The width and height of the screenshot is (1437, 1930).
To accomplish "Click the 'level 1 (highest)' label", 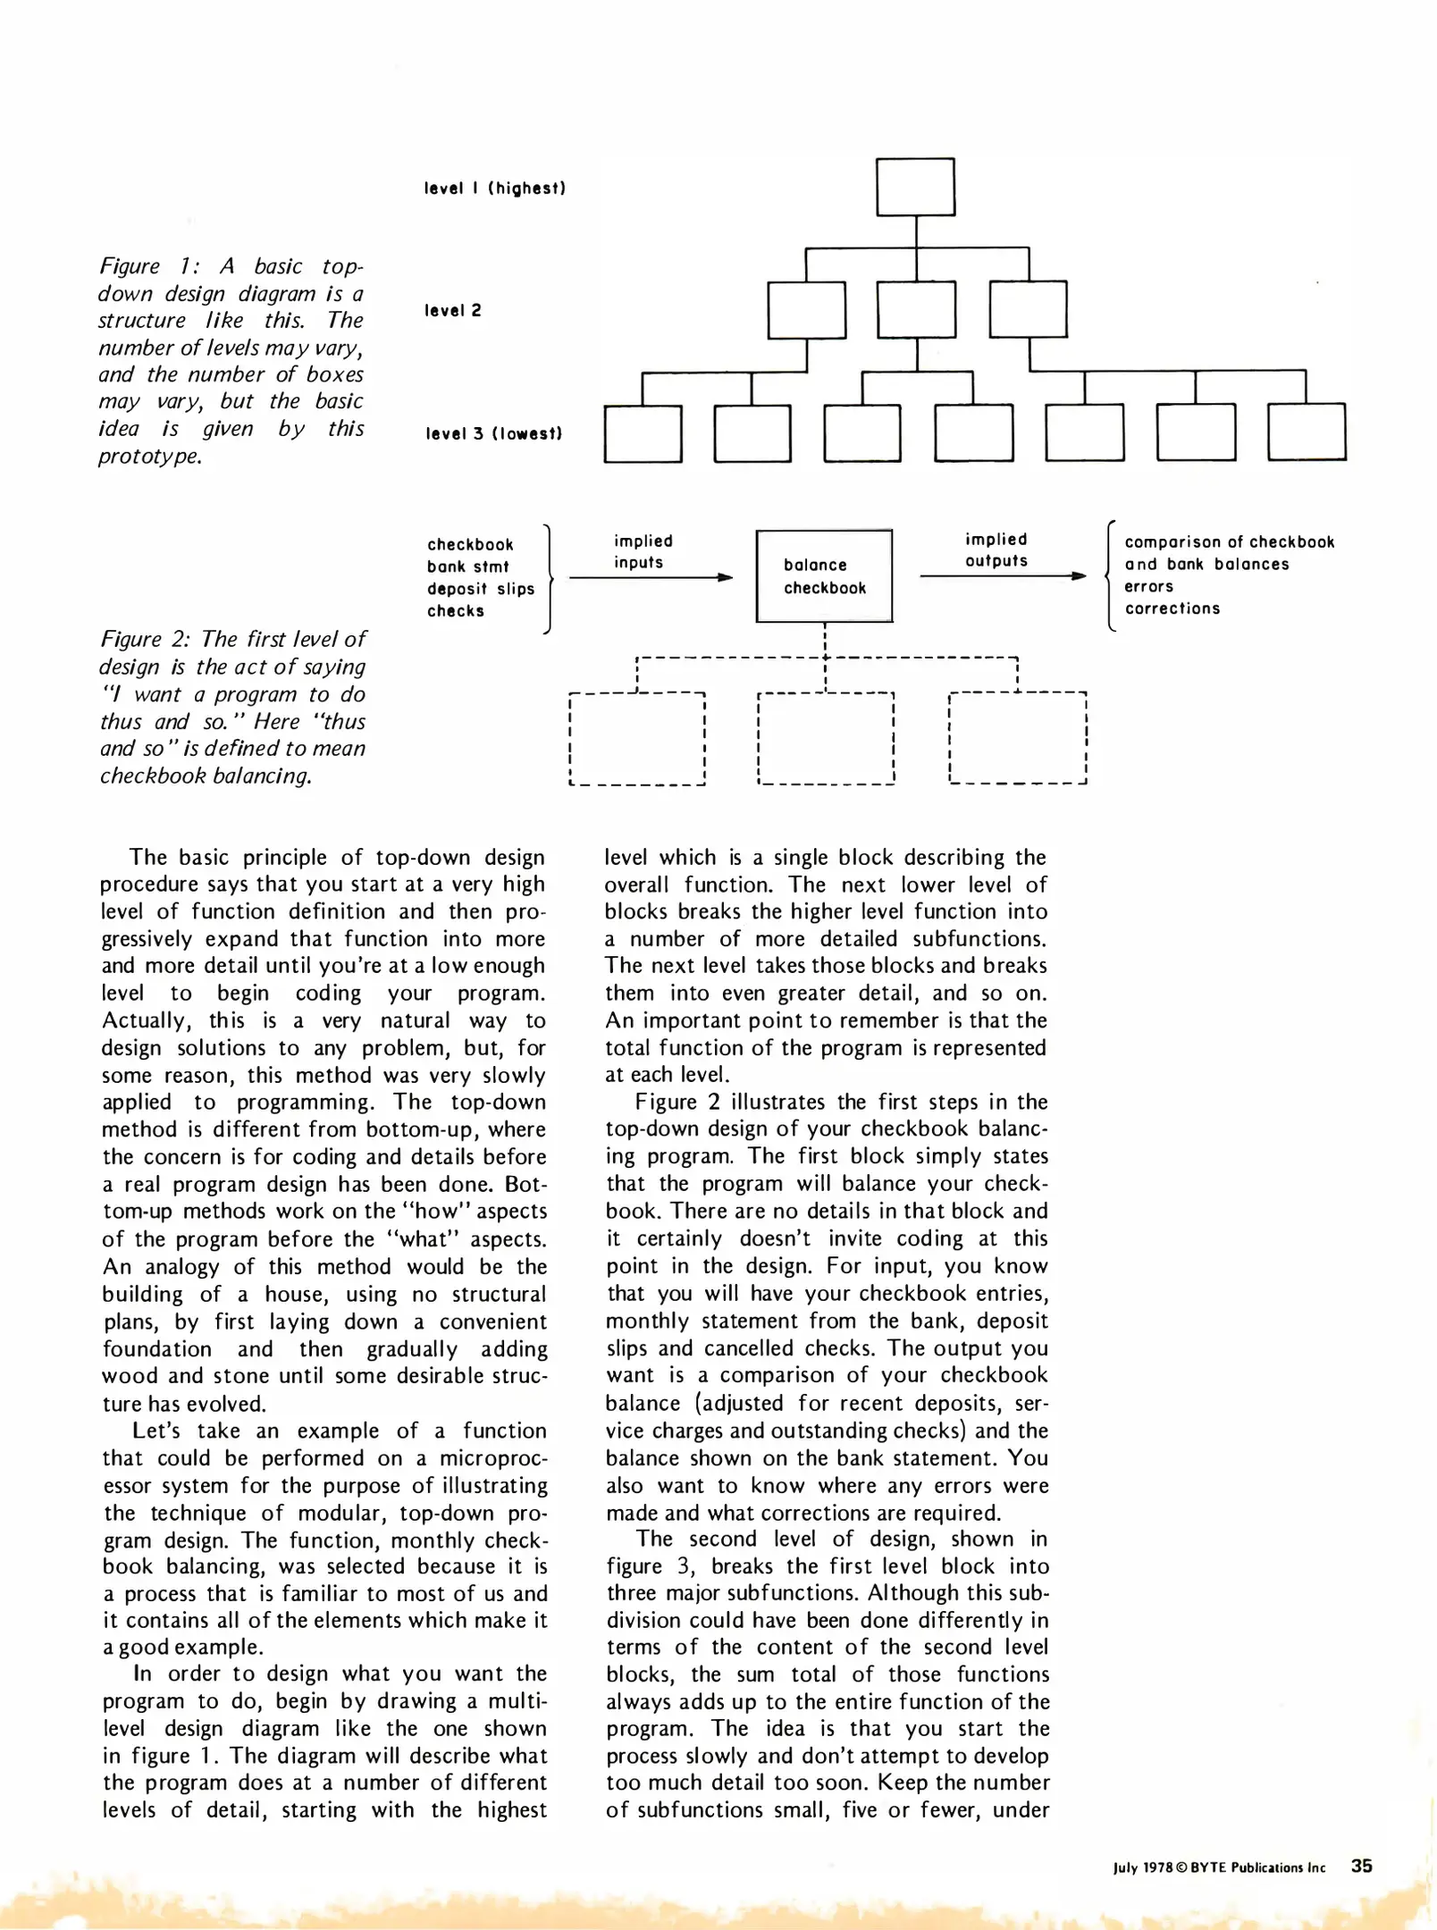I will [x=494, y=189].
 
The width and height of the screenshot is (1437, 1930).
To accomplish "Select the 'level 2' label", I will [x=452, y=311].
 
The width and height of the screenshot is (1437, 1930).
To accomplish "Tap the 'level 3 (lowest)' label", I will [x=493, y=434].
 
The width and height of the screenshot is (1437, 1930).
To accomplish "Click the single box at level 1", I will [x=915, y=187].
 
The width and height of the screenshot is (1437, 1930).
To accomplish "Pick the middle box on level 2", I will [x=916, y=309].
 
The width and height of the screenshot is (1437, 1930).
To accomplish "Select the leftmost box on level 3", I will [x=643, y=433].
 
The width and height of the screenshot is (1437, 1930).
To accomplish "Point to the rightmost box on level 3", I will [x=1307, y=432].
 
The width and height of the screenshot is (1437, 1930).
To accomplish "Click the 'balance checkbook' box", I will [x=824, y=576].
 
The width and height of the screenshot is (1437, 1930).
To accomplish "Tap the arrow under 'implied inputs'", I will [x=651, y=578].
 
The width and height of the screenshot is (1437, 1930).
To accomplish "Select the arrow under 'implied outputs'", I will [x=1003, y=576].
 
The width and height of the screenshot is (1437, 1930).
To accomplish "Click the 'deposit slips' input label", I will [x=480, y=589].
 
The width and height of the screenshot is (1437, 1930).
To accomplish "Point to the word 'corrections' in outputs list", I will [x=1172, y=608].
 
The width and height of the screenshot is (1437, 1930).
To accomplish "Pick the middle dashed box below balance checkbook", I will [x=825, y=738].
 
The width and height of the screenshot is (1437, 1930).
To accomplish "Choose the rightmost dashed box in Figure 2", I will [x=1017, y=738].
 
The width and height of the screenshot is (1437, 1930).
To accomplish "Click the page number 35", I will [x=1361, y=1866].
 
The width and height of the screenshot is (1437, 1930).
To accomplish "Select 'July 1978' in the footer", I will [x=1141, y=1867].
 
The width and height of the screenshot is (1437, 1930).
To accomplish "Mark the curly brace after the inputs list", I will [x=548, y=579].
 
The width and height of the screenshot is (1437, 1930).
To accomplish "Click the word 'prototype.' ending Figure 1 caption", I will [x=150, y=457].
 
